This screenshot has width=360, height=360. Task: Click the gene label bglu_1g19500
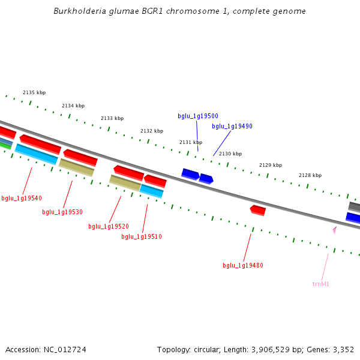(x=197, y=116)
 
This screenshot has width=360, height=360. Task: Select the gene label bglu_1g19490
(x=232, y=126)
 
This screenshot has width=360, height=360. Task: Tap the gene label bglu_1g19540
(x=22, y=198)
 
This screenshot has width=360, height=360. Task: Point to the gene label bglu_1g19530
(x=62, y=212)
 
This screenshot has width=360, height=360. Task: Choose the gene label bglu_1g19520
(x=109, y=226)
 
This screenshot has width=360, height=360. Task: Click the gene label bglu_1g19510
(x=142, y=236)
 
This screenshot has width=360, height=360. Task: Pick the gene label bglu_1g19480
(x=243, y=265)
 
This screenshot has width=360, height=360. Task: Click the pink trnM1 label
(x=321, y=284)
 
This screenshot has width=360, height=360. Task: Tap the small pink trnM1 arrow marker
(x=334, y=229)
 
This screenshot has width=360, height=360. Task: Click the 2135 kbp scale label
(x=34, y=92)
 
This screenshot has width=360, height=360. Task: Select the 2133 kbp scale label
(x=112, y=118)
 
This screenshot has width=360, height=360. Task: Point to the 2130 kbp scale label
(x=230, y=154)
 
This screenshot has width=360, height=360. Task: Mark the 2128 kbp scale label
(x=310, y=175)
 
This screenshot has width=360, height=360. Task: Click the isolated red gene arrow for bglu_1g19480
(x=258, y=210)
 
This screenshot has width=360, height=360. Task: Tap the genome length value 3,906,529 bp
(x=285, y=349)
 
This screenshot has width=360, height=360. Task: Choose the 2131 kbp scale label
(x=191, y=142)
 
